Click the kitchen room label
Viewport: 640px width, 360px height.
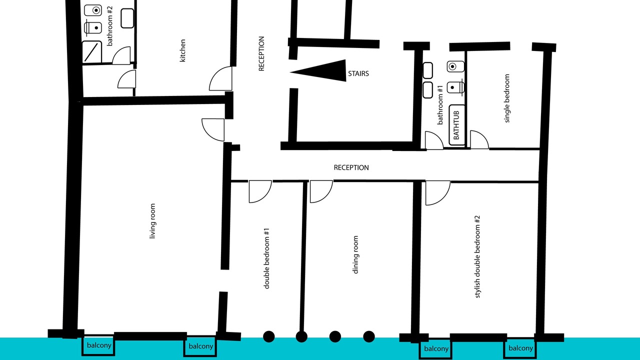click(182, 50)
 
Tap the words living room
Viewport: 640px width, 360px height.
click(152, 221)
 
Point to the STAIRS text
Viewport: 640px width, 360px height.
click(358, 73)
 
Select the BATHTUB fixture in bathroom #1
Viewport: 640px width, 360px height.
click(456, 125)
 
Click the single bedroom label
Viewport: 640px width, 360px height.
click(507, 98)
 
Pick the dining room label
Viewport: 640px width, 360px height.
click(355, 255)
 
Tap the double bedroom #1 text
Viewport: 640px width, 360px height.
click(266, 258)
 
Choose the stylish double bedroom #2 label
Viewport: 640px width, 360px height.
click(477, 257)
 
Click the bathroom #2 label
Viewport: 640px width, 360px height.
click(109, 26)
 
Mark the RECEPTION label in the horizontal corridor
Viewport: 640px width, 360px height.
click(351, 167)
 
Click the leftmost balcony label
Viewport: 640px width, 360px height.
click(99, 345)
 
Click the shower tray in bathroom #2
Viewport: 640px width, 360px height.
click(91, 51)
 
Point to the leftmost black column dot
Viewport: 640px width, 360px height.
click(268, 336)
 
